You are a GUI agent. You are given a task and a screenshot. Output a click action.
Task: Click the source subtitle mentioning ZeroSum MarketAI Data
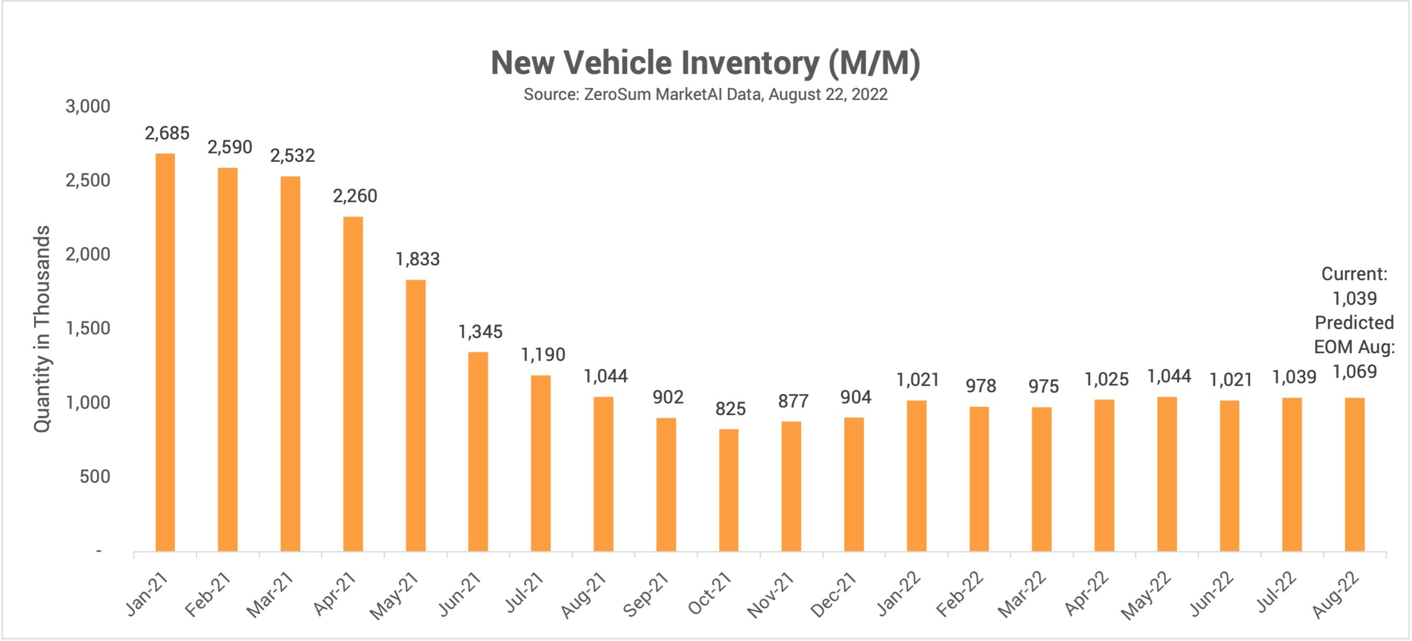click(705, 94)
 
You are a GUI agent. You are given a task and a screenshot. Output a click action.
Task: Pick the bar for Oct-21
click(728, 490)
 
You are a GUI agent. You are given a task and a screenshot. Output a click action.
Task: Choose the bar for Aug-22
click(1354, 474)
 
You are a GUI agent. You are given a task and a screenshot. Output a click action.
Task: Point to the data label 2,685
click(167, 133)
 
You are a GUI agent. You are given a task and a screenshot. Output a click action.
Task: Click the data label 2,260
click(355, 196)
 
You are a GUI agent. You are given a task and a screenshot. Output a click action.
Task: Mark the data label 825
click(730, 409)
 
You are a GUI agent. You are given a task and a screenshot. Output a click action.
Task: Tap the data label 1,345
click(480, 332)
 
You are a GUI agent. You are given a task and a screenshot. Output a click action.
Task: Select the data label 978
click(981, 386)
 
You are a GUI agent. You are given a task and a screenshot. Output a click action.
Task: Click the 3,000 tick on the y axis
click(88, 106)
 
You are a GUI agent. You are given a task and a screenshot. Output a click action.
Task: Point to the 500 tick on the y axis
click(94, 477)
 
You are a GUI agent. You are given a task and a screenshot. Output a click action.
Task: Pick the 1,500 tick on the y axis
click(88, 329)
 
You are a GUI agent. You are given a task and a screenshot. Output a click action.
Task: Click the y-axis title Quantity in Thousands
click(42, 329)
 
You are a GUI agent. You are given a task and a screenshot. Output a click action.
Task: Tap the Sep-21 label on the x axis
click(646, 594)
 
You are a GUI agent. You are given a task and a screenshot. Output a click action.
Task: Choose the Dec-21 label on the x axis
click(833, 594)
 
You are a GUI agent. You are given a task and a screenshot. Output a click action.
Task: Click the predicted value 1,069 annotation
click(1354, 372)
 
